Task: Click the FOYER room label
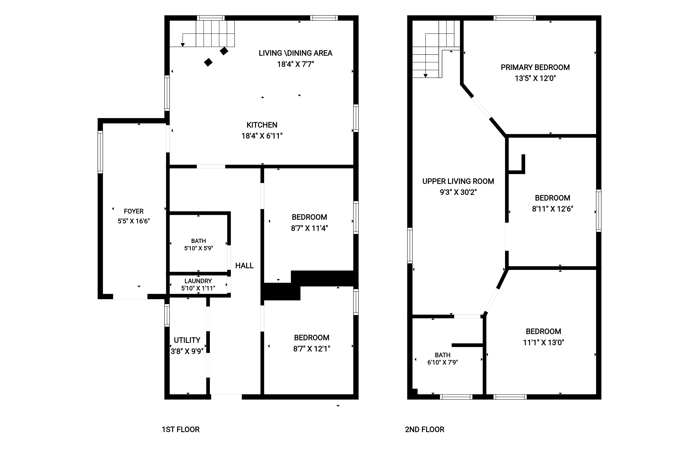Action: [x=134, y=211]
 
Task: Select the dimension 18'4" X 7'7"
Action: [x=295, y=64]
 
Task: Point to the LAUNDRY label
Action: [x=198, y=281]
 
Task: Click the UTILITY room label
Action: [x=187, y=340]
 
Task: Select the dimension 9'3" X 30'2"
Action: [x=458, y=192]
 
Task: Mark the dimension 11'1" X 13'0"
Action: [x=543, y=342]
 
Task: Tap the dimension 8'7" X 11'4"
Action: [x=309, y=228]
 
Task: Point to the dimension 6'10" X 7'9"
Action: [x=442, y=362]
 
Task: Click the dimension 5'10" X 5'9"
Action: [x=199, y=248]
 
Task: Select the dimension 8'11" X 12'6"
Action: [x=553, y=209]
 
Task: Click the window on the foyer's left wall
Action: [x=100, y=152]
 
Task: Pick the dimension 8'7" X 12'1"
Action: [x=311, y=349]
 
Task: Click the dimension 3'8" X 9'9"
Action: [x=187, y=351]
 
